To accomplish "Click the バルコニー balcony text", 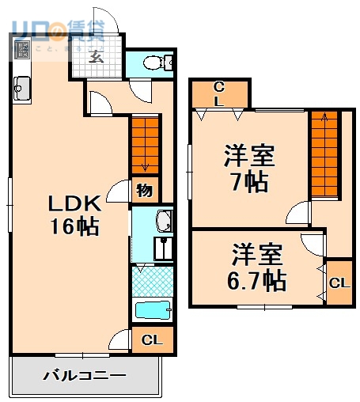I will [84, 374].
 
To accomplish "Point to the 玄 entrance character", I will [96, 56].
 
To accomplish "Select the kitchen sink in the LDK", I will [21, 88].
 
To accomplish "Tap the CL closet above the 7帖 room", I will [219, 94].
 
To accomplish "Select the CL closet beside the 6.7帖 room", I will [339, 282].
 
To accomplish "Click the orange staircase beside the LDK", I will [145, 143].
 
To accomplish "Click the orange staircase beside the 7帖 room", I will [322, 154].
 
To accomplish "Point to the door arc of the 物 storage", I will [119, 191].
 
